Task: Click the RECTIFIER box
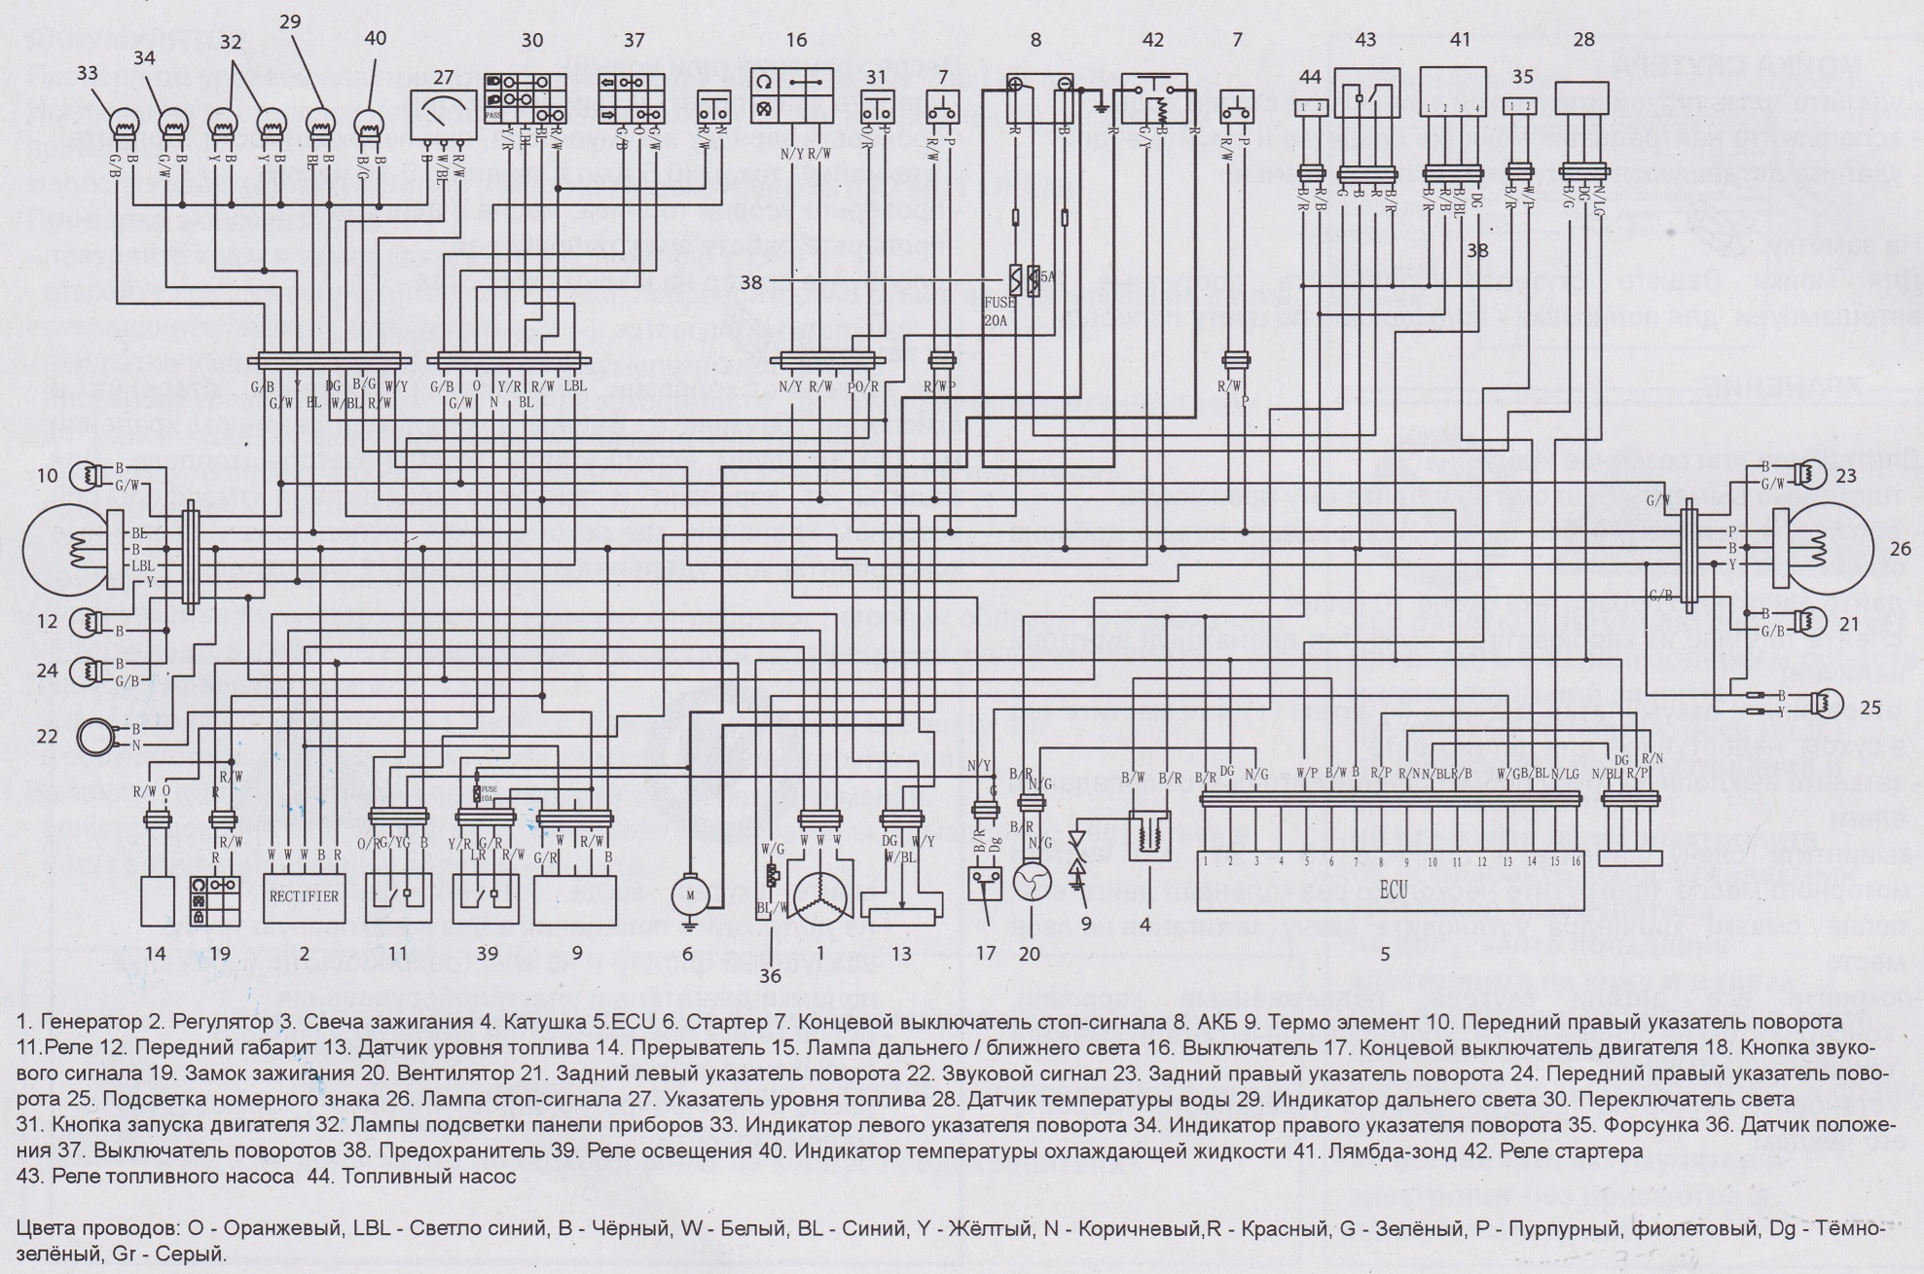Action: click(x=304, y=896)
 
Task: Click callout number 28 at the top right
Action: click(x=1583, y=39)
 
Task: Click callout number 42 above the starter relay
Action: click(x=1152, y=40)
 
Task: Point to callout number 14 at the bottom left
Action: click(x=156, y=954)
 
